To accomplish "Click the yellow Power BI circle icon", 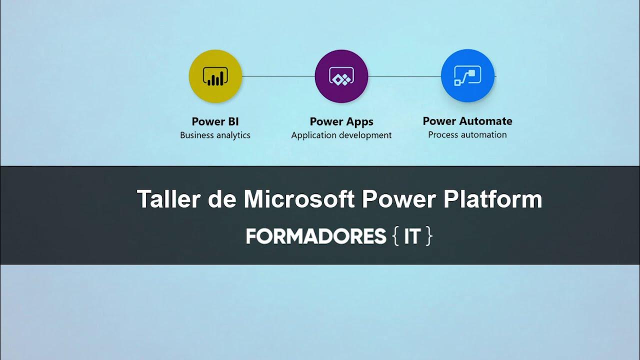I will [x=215, y=76].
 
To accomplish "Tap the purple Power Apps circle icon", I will [x=341, y=76].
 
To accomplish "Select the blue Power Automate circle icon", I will [x=467, y=76].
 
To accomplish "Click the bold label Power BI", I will [x=215, y=121].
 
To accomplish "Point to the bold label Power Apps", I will [x=341, y=121].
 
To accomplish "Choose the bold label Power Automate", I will [x=467, y=121].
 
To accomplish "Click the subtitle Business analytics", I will [x=215, y=135].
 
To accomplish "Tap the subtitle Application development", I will [x=341, y=135].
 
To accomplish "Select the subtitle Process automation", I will [x=467, y=134].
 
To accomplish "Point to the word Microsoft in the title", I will [x=299, y=199].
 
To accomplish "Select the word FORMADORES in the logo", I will [x=316, y=236].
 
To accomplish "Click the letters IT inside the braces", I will [x=412, y=236].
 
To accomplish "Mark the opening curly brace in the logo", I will [x=395, y=236].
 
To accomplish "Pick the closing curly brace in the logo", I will [x=428, y=236].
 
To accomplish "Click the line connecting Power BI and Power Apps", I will [x=278, y=76].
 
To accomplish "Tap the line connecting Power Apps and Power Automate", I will [x=404, y=76].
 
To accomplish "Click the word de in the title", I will [x=221, y=199].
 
